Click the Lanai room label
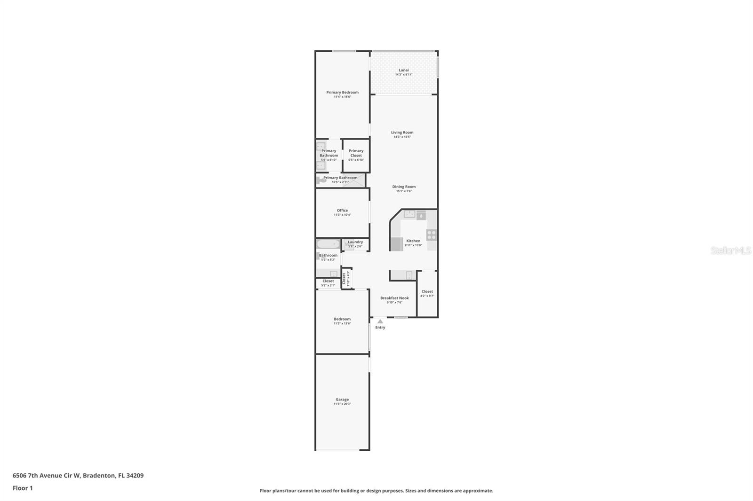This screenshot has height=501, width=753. point(403,70)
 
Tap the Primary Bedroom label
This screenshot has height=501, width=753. point(342,92)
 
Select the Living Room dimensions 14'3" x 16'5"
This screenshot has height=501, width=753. point(402,137)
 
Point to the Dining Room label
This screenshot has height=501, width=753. point(404,187)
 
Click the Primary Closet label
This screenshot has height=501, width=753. point(356,153)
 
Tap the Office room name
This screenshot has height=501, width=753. point(342,211)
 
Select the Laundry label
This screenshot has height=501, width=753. point(355,242)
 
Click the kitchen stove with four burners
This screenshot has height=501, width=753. point(431,235)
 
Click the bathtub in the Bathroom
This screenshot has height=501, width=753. point(328,244)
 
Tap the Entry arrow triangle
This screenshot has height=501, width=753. point(380,321)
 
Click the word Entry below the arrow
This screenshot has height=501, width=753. point(380,328)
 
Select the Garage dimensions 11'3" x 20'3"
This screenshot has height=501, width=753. point(342,404)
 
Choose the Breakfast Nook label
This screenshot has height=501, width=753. point(394,298)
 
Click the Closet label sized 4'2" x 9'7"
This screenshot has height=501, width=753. point(427,291)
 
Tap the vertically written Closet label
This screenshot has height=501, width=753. point(344,279)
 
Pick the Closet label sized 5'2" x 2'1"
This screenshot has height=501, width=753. point(328,281)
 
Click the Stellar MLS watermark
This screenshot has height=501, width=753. point(730,251)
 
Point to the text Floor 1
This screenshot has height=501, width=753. point(23,488)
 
